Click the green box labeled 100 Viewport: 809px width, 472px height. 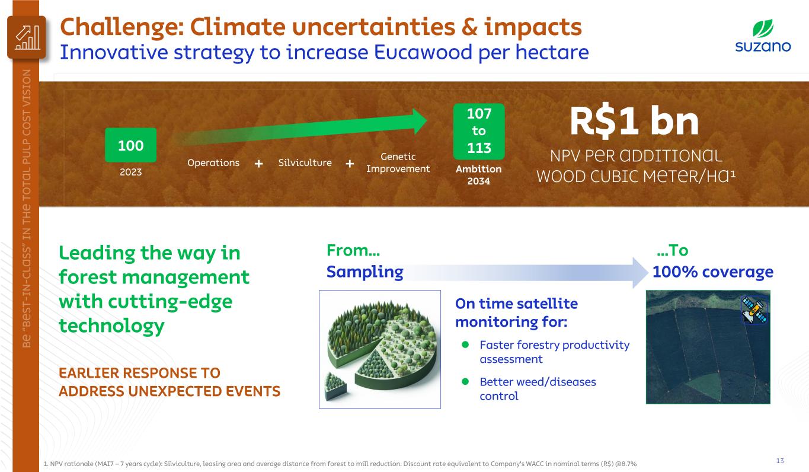pos(130,145)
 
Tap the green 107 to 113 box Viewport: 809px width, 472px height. pos(479,131)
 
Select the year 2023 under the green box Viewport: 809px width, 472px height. pos(131,172)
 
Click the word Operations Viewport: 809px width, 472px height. pos(213,163)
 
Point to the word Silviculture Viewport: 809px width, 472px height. pos(305,162)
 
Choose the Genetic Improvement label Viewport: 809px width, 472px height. pos(398,162)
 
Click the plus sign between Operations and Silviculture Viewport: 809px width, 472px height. pos(258,164)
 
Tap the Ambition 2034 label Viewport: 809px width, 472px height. pos(478,175)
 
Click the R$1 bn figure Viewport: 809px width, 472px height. pos(634,121)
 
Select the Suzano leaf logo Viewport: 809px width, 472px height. pos(763,28)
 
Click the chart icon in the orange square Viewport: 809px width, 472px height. pos(27,37)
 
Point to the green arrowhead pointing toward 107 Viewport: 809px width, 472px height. pos(420,122)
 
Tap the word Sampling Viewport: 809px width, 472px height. pos(364,272)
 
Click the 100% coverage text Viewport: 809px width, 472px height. pos(713,272)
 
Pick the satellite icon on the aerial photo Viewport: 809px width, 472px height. pos(754,310)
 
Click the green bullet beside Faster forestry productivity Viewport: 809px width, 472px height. pos(465,345)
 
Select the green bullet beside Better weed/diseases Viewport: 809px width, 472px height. pos(465,382)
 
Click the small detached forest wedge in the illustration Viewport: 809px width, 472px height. pos(335,387)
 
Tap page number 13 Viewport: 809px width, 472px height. pos(780,460)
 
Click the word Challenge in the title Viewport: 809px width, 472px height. pos(123,28)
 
